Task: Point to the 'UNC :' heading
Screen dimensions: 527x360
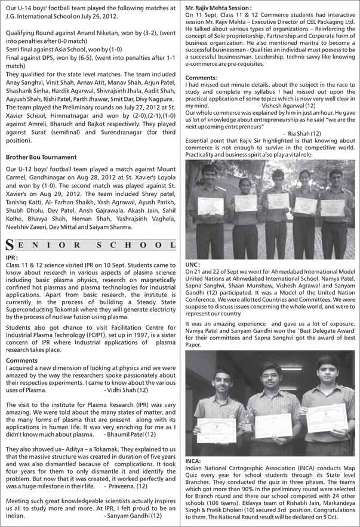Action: [x=193, y=263]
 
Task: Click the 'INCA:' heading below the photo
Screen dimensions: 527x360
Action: [x=193, y=461]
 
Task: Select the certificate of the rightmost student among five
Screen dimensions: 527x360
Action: [x=332, y=207]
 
